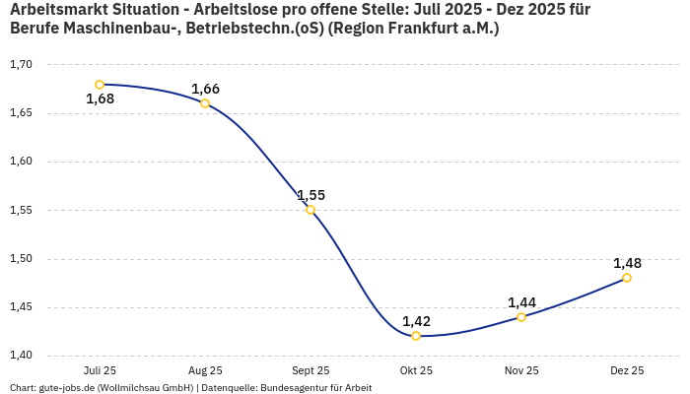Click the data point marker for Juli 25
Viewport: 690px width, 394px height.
pos(100,85)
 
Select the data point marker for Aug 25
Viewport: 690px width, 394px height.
pos(205,103)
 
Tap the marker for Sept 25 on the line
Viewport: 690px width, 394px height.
pos(310,210)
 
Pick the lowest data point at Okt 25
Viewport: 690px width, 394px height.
pos(416,336)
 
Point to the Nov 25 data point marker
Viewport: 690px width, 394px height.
pos(521,317)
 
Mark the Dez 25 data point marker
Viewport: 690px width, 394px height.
pos(627,278)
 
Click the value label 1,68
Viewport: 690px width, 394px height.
pos(100,98)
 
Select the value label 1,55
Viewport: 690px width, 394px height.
pos(310,195)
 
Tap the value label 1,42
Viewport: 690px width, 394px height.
pos(416,321)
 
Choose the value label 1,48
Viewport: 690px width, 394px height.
pos(627,263)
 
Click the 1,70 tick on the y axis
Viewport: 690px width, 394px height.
pos(21,65)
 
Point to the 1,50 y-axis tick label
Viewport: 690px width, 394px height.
pos(21,259)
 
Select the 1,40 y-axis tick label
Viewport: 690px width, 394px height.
pos(21,356)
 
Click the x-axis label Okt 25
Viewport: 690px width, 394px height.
pos(416,370)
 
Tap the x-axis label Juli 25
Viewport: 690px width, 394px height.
pos(100,370)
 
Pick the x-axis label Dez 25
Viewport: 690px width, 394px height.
pos(627,370)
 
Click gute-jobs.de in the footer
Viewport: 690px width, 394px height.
pos(66,388)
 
